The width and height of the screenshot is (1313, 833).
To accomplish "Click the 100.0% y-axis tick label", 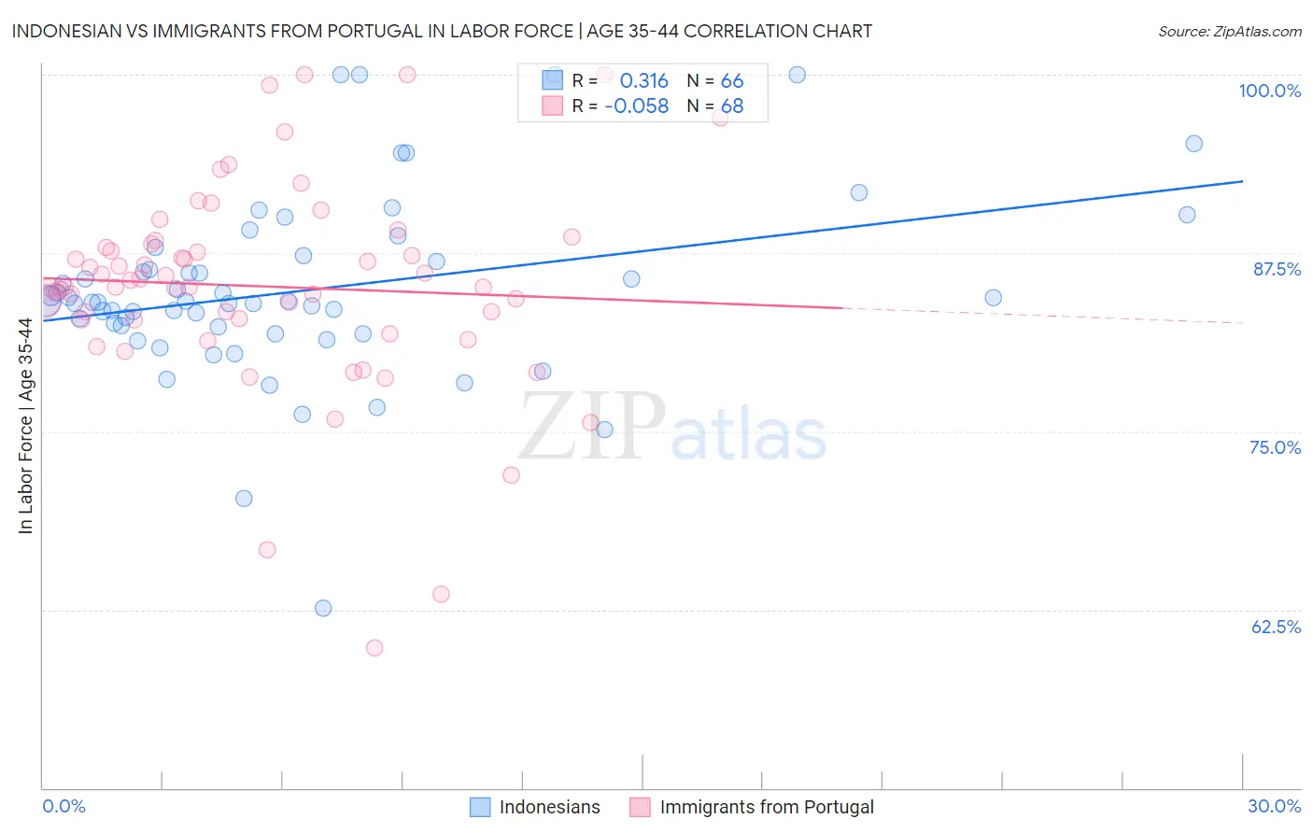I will (x=1269, y=91).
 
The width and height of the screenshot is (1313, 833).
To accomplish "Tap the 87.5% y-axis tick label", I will (x=1277, y=269).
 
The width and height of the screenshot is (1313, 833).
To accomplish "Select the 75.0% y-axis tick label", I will (x=1275, y=447).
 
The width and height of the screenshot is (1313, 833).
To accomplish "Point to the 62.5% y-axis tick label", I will (x=1276, y=627).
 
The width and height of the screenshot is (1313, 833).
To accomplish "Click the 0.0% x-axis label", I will (x=64, y=806).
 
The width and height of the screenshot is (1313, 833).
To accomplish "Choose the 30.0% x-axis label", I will (x=1274, y=806).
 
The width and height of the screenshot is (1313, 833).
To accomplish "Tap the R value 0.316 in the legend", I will (x=643, y=81).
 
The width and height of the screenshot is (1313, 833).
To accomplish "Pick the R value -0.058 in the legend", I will (x=637, y=106).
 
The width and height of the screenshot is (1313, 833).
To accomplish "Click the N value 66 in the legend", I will (x=732, y=81).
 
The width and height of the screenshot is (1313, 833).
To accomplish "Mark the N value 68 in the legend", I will (x=732, y=106).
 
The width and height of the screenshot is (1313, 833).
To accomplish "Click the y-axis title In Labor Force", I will (x=25, y=426).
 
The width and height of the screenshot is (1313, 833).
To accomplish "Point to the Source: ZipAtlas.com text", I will (x=1229, y=32).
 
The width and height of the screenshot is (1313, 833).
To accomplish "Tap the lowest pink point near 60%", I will (x=374, y=647).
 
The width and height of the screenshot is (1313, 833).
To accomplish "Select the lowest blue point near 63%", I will (x=323, y=608).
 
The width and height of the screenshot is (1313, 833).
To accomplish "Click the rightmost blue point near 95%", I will (x=1193, y=144).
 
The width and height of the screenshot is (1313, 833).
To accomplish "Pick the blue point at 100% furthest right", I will (x=797, y=75).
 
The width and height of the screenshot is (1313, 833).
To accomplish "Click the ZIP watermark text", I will (x=592, y=427).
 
